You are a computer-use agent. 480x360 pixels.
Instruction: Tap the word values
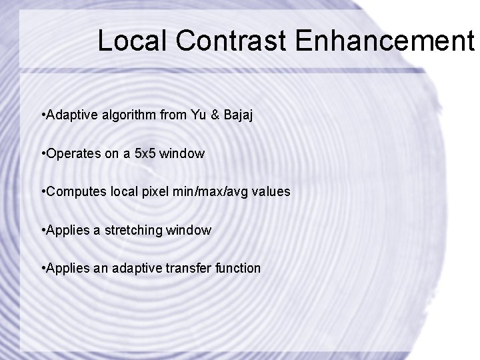pos(273,191)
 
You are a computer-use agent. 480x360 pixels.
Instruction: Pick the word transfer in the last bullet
pos(189,268)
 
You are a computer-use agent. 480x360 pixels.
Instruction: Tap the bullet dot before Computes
pos(43,191)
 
